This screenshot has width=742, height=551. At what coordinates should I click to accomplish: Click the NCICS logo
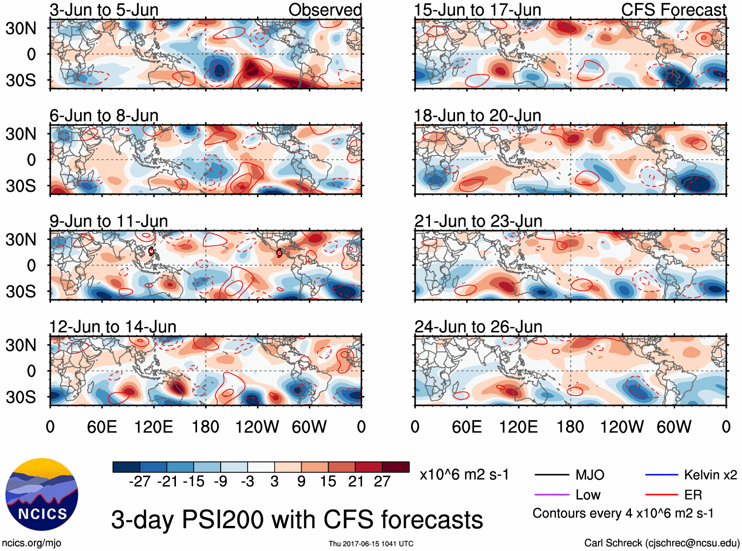42,494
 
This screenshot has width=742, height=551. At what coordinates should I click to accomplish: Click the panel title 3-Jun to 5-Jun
104,10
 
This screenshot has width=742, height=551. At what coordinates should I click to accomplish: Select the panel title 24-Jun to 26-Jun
478,327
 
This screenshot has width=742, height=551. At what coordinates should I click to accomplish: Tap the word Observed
325,10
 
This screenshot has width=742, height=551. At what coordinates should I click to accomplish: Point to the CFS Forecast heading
673,10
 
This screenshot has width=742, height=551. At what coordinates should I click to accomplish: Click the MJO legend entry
590,475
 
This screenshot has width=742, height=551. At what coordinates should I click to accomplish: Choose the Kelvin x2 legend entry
710,475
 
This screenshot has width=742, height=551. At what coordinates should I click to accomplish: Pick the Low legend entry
588,495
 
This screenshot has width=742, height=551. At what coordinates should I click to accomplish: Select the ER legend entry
693,495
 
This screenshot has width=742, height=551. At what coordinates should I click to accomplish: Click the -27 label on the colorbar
140,481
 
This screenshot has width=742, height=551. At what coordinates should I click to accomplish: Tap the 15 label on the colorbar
328,481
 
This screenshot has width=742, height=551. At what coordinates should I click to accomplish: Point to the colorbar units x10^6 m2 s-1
464,475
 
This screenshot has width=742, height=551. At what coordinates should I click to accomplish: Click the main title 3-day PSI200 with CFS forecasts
297,520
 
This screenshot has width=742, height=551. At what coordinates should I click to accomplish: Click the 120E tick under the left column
153,427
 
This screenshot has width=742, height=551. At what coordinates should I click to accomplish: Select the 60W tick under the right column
674,427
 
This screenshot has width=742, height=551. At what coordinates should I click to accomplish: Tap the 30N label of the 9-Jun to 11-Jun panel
21,240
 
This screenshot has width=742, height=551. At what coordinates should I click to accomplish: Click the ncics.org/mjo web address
31,543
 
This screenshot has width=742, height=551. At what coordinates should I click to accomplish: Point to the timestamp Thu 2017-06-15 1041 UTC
371,544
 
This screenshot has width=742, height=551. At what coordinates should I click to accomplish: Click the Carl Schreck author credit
661,543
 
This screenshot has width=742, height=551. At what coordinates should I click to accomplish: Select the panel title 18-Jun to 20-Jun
478,116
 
